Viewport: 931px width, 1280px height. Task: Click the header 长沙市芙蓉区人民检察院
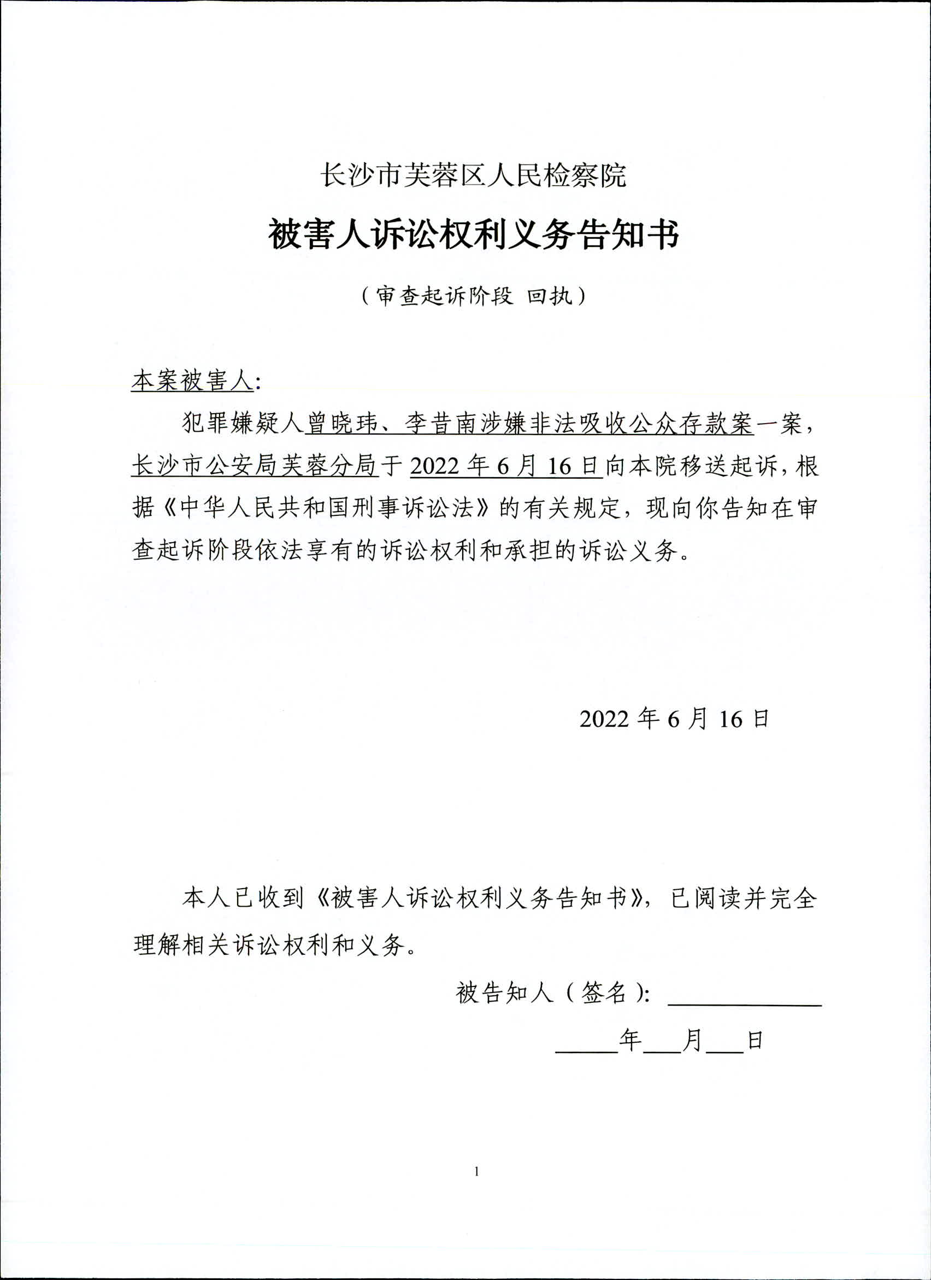point(473,175)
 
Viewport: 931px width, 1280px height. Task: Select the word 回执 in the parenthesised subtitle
point(550,296)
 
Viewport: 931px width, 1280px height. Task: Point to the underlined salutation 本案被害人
point(192,381)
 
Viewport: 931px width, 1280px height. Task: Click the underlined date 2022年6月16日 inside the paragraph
point(505,466)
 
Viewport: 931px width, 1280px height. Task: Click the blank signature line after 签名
point(744,1002)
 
